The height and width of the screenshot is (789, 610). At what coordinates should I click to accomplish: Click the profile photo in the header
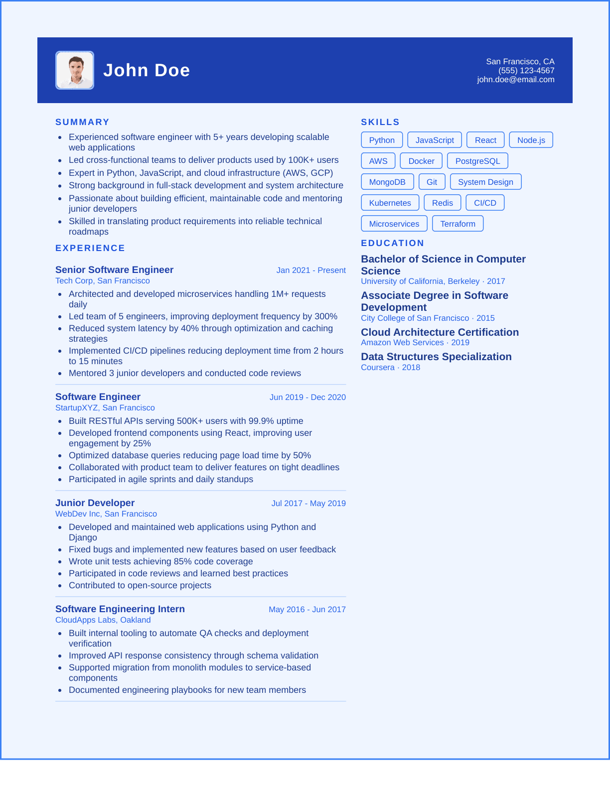click(75, 70)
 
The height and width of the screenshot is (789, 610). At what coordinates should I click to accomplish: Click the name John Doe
click(147, 70)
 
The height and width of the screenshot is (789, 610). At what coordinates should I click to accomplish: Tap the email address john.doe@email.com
click(515, 80)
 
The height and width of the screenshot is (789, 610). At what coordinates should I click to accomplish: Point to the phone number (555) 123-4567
click(526, 71)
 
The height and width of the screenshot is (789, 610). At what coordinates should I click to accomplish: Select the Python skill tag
click(382, 140)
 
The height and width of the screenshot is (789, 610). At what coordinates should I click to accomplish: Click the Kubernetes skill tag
click(390, 203)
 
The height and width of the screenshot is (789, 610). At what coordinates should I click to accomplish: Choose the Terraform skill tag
click(457, 224)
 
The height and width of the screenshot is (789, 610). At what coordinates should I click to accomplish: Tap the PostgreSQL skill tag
click(477, 161)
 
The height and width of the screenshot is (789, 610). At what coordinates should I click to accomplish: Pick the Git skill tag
click(432, 182)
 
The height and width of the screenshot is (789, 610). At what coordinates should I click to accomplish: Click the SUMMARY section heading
click(82, 122)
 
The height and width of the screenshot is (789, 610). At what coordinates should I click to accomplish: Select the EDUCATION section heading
click(392, 243)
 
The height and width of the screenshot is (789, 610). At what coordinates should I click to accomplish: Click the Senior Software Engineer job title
click(114, 269)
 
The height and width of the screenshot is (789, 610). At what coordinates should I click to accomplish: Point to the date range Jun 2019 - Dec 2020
click(307, 397)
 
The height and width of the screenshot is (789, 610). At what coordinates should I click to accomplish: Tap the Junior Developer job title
click(95, 503)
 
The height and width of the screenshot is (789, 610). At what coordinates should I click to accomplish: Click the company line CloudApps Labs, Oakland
click(103, 620)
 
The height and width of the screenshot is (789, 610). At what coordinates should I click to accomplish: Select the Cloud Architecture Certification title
click(440, 332)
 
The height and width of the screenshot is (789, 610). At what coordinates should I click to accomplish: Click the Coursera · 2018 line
click(390, 367)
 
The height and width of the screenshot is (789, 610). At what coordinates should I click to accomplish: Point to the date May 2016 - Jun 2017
click(307, 609)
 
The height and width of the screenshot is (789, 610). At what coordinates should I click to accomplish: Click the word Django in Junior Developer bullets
click(83, 537)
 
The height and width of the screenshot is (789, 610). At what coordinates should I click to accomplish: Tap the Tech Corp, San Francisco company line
click(102, 280)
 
